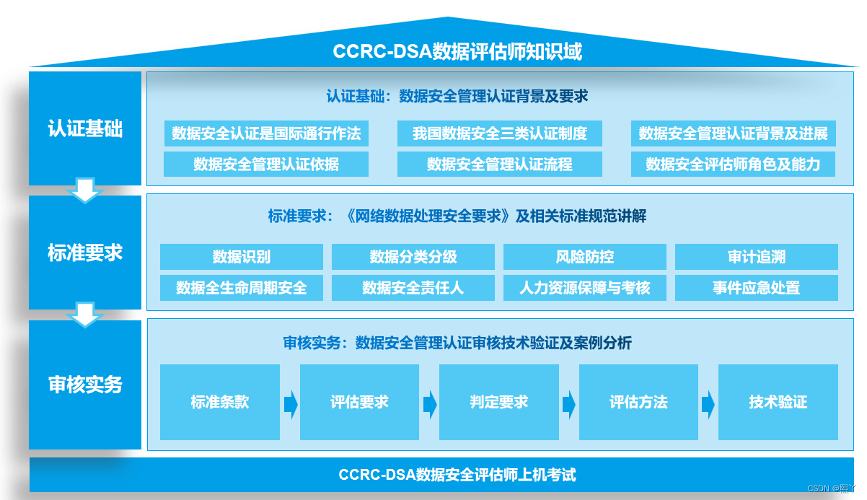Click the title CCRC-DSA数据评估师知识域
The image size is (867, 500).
(457, 52)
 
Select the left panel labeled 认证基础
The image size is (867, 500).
(85, 128)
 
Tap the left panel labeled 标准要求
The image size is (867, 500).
(85, 253)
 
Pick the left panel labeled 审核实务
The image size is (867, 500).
(85, 385)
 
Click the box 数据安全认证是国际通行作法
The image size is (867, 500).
(266, 133)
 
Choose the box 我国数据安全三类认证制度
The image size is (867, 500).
(499, 133)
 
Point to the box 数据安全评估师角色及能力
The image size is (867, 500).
(733, 165)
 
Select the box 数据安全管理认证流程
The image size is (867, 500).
(499, 165)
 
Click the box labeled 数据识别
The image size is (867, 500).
(241, 257)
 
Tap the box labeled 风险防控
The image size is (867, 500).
(584, 257)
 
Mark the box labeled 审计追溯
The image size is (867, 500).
(756, 257)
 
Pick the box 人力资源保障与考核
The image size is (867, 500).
(584, 288)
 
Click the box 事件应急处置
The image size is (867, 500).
(756, 288)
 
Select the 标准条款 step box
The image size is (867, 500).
(219, 402)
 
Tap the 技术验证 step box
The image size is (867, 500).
(778, 402)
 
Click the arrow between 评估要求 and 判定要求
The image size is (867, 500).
(430, 404)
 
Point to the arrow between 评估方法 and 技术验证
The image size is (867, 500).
(708, 404)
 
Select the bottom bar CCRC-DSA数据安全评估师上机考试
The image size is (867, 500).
(457, 475)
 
